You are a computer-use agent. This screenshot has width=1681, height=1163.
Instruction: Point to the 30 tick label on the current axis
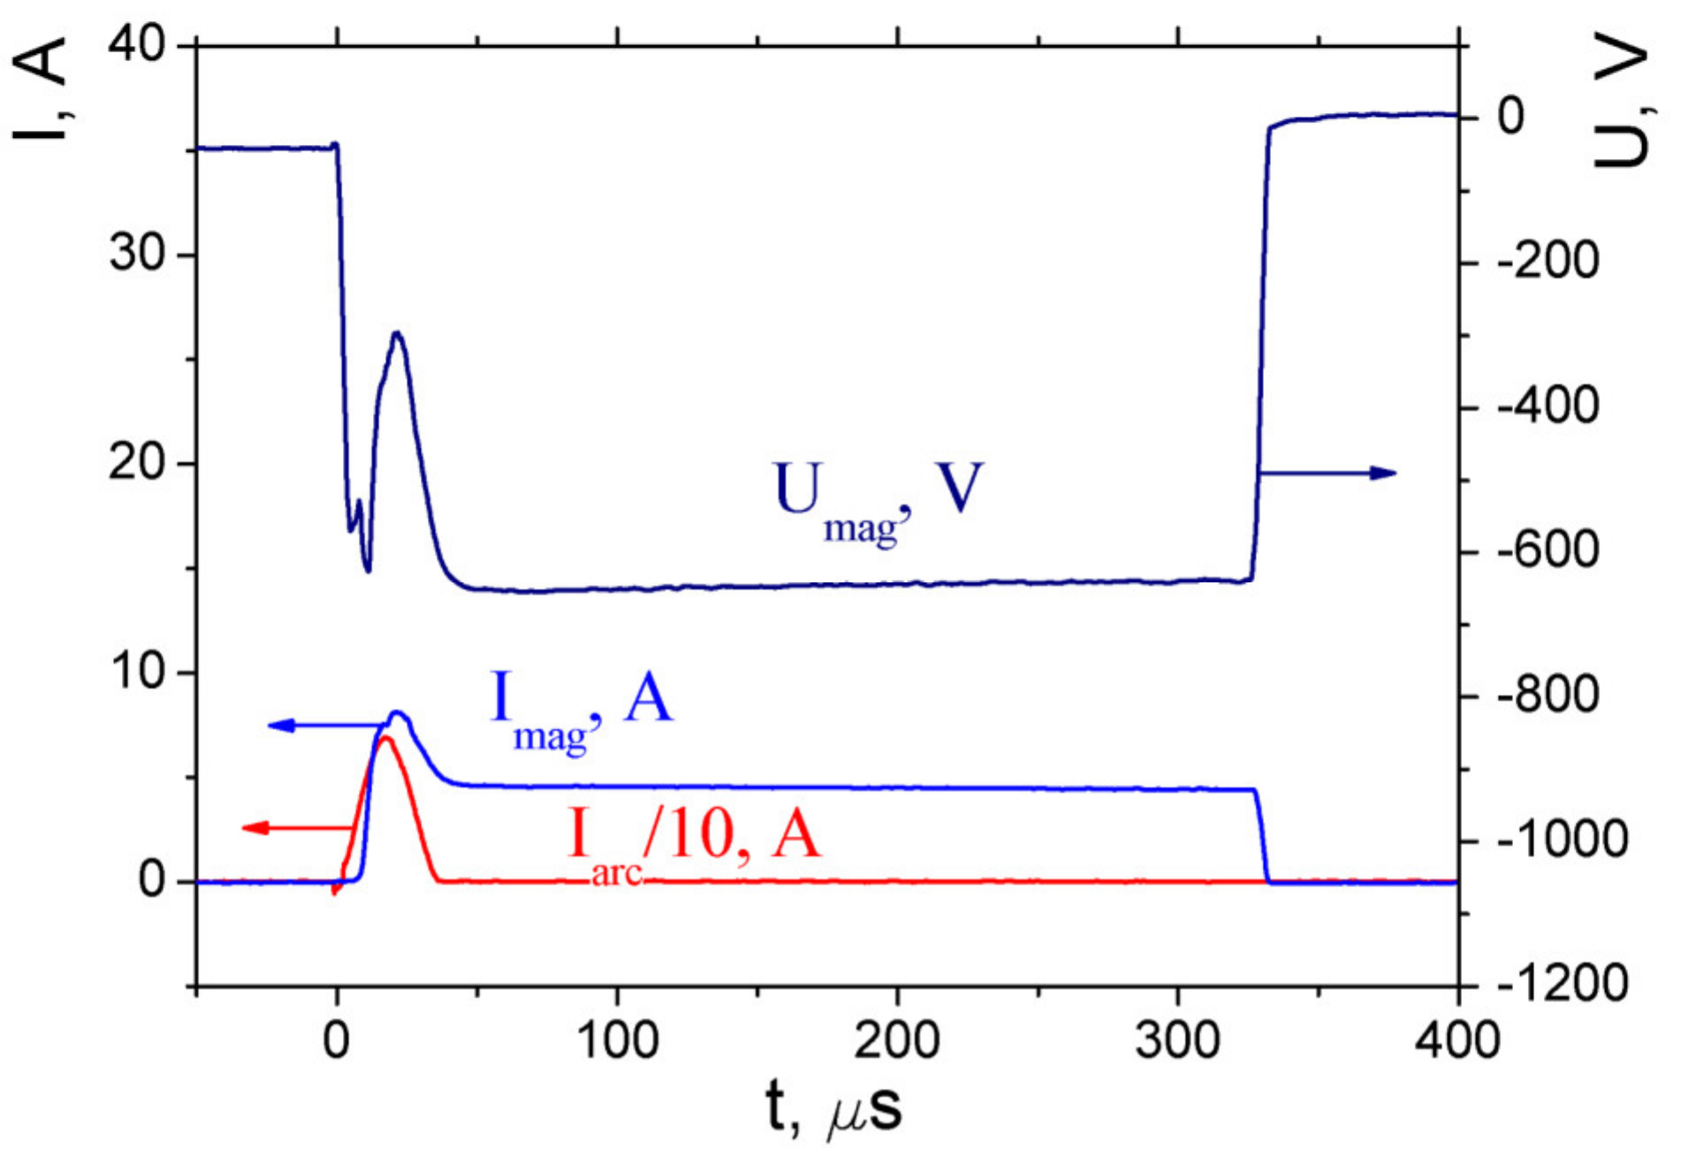point(137,254)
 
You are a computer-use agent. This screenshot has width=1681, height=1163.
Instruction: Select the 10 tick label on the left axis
point(138,672)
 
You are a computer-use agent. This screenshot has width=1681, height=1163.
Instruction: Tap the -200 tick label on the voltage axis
point(1548,262)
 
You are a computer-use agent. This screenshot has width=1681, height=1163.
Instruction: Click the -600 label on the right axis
point(1548,551)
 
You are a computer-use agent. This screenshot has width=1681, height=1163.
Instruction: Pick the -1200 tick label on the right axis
point(1561,983)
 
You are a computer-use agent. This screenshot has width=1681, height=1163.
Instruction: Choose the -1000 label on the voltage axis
point(1561,839)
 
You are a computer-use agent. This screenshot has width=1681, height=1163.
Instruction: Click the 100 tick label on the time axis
point(617,1040)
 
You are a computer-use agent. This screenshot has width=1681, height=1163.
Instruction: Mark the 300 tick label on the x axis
point(1178,1040)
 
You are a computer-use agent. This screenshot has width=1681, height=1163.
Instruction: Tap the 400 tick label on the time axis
point(1457,1040)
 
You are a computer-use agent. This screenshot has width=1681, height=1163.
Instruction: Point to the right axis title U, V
point(1622,106)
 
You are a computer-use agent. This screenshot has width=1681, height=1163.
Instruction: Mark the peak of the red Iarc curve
point(385,738)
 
